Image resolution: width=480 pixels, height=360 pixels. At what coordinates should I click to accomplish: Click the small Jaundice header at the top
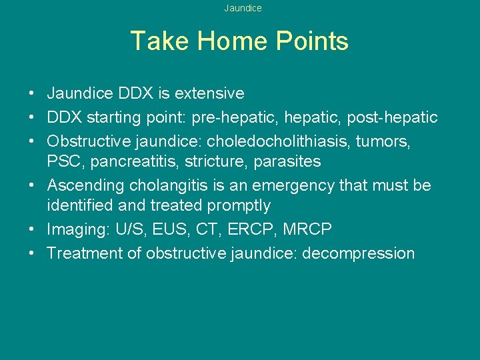tap(243, 9)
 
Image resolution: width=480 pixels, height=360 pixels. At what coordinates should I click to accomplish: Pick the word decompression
tap(358, 253)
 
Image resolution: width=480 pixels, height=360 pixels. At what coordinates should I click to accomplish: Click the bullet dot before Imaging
tap(32, 230)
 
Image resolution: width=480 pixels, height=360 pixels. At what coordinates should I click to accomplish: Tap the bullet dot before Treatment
tap(32, 254)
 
